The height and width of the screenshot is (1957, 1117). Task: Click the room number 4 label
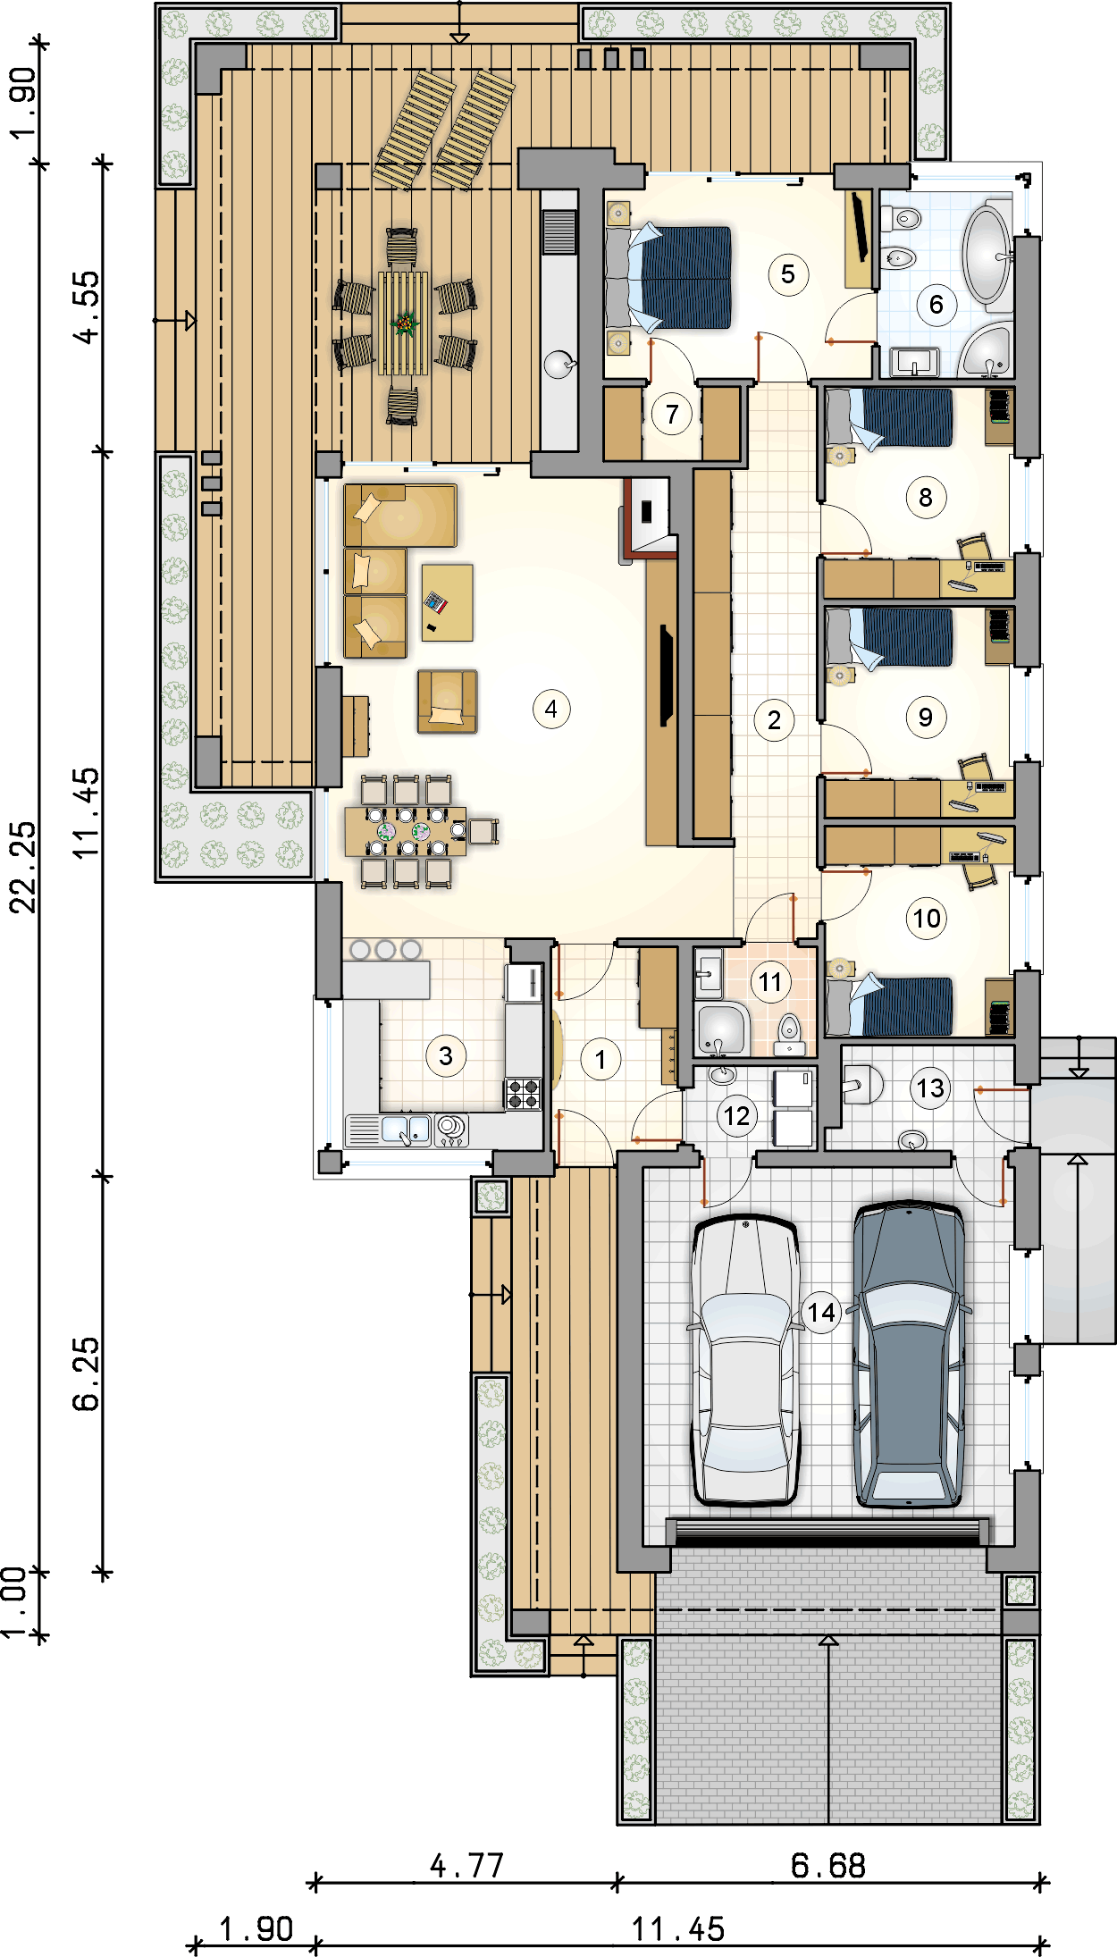tap(551, 710)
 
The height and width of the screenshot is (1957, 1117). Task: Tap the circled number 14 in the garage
tap(821, 1312)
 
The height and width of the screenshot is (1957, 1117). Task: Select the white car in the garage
tap(745, 1360)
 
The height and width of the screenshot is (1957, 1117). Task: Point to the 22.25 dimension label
tap(24, 867)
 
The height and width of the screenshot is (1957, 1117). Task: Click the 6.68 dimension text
tap(828, 1866)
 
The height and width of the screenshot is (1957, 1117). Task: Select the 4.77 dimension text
tap(466, 1866)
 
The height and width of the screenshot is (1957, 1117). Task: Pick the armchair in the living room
tap(447, 701)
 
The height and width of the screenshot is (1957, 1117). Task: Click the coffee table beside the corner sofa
tap(447, 602)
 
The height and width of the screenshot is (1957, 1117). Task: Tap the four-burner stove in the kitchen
tap(524, 1094)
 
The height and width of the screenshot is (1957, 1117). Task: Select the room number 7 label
tap(672, 414)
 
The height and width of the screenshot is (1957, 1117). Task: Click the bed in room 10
tap(890, 1006)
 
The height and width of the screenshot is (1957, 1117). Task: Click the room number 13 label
tap(930, 1088)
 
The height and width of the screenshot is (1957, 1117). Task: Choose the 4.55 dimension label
tap(88, 307)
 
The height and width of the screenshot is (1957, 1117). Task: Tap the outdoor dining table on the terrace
tap(404, 323)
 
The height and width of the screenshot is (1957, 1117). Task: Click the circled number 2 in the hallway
tap(774, 720)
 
